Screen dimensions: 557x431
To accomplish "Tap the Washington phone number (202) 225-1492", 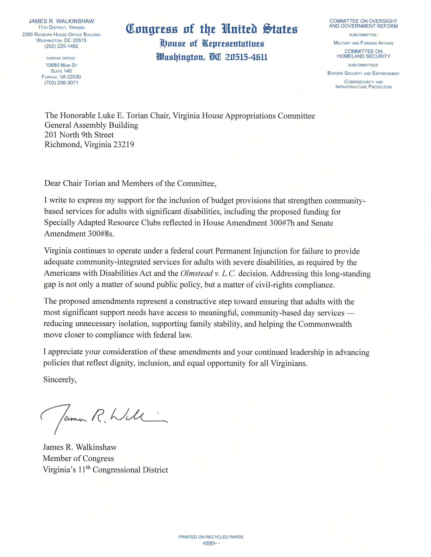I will (x=61, y=46).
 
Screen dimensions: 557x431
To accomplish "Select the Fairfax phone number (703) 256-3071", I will (x=61, y=83).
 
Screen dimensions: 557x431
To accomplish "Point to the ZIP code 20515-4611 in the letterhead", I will (x=246, y=57).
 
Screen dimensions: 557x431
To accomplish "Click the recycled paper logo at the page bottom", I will (x=211, y=543).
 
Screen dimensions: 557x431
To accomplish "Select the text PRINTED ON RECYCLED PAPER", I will (x=211, y=537).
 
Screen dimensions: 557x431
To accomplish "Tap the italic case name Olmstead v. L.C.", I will (x=208, y=274).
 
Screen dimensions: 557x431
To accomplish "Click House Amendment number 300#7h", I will (x=282, y=223).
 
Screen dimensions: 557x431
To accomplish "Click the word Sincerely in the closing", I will (x=60, y=380).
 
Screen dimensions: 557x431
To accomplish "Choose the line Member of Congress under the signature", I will (x=78, y=459).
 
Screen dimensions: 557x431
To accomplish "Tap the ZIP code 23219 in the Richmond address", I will (x=124, y=145).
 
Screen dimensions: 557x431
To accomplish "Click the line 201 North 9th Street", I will (x=79, y=135).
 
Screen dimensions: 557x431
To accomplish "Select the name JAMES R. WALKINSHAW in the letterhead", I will (x=61, y=21).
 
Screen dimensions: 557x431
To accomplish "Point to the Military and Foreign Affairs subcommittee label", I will (x=363, y=43).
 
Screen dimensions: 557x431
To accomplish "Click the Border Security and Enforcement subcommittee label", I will (x=363, y=73).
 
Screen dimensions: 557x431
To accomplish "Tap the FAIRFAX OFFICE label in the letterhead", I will (x=61, y=58).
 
